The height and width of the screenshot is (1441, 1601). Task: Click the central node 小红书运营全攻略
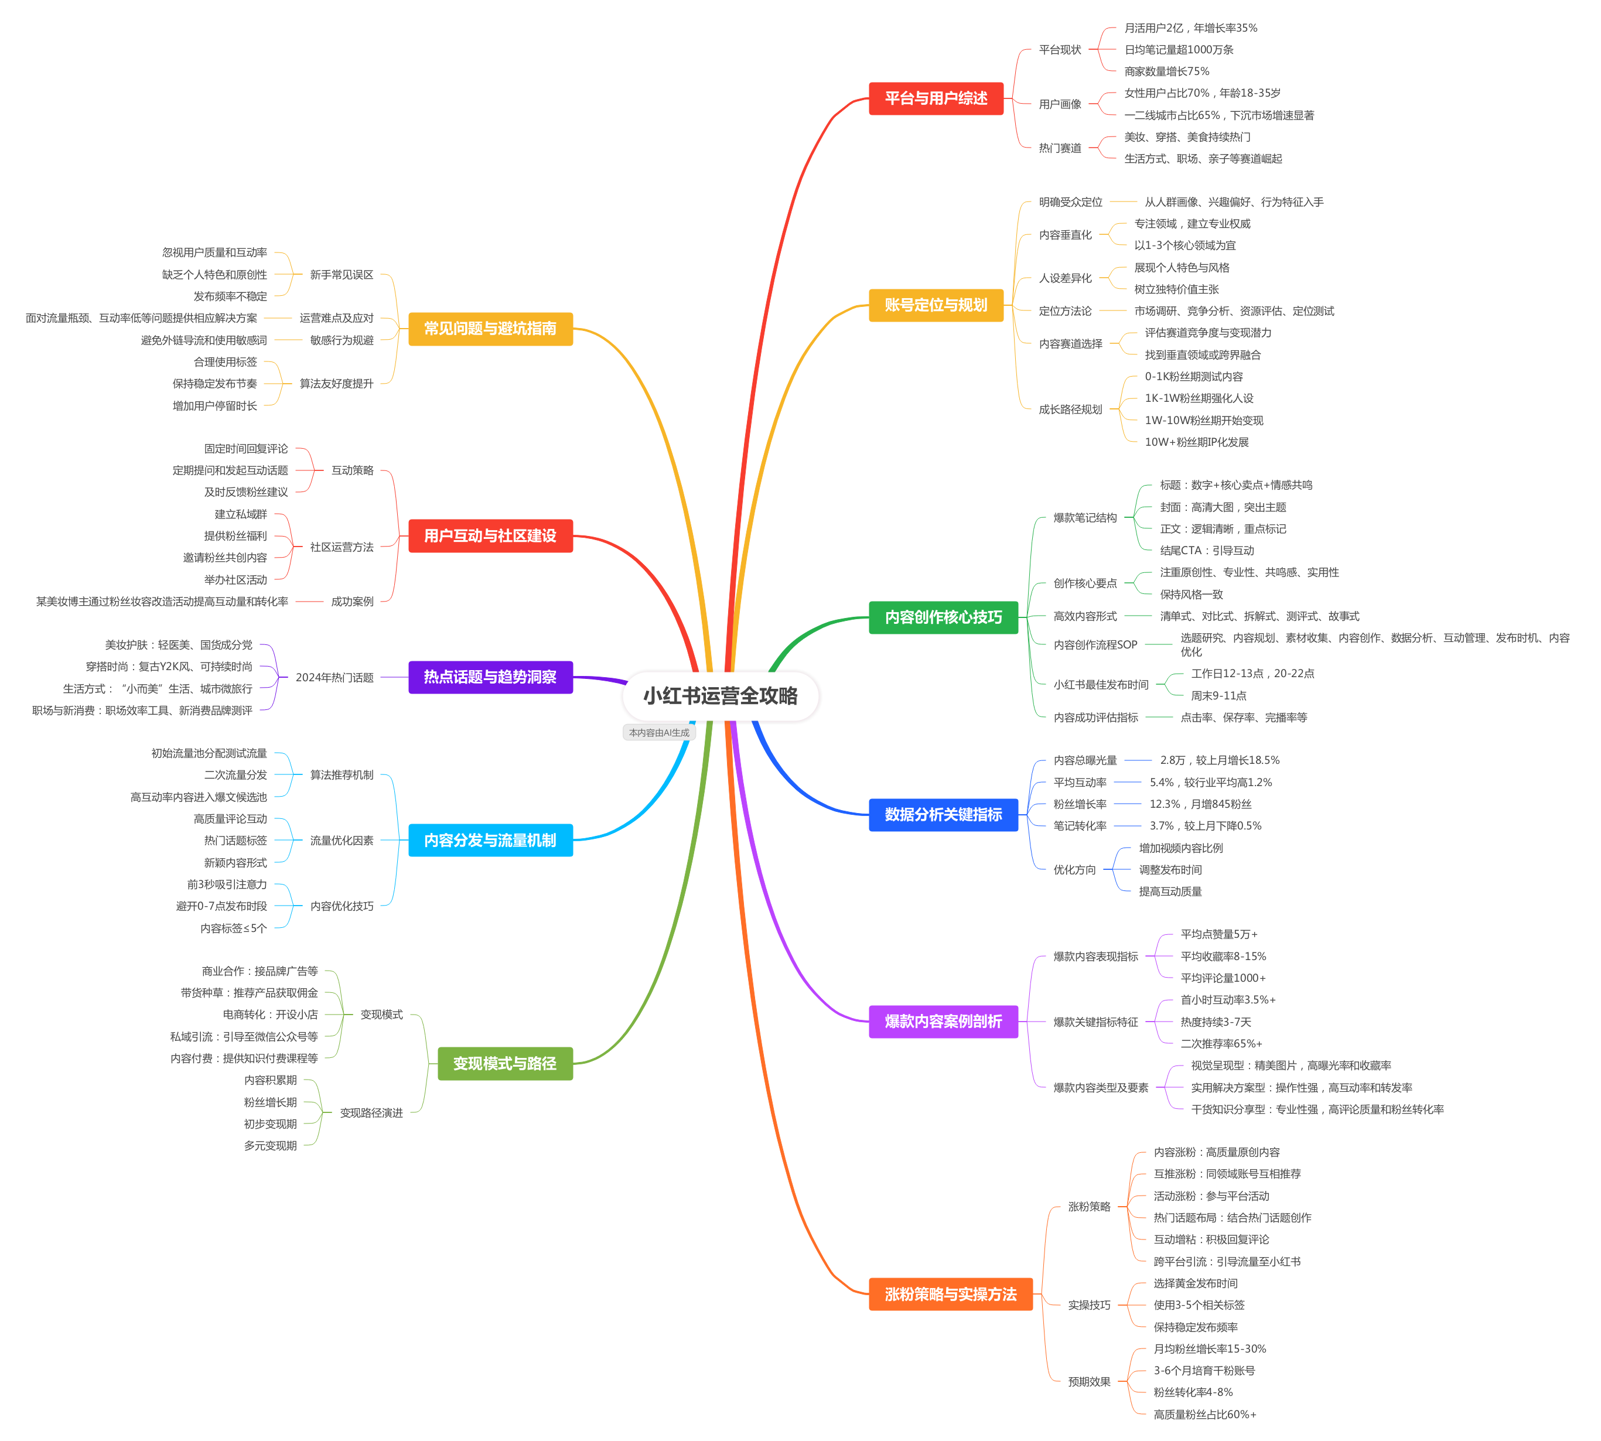720,696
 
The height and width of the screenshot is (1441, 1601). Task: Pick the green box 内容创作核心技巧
943,617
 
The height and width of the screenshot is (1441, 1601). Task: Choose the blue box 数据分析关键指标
943,814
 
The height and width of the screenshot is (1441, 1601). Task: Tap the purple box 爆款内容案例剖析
943,1022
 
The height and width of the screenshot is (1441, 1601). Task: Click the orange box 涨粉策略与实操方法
950,1294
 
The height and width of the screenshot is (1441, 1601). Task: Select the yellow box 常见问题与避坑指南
490,329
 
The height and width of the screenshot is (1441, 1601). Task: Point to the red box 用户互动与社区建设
490,536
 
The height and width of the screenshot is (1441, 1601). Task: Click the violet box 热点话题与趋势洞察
490,677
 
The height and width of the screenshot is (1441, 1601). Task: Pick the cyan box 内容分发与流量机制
490,840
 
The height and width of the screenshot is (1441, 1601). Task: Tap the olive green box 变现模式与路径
504,1063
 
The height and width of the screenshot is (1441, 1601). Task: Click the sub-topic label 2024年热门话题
334,678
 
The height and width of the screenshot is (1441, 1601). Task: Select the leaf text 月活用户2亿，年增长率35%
1190,28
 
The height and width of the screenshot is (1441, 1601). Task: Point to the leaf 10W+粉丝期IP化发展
1196,442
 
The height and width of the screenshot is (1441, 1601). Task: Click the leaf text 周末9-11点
1218,696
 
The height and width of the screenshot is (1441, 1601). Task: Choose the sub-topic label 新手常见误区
342,275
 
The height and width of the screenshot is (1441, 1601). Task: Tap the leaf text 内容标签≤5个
234,928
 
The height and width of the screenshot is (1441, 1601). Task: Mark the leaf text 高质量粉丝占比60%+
1204,1415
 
